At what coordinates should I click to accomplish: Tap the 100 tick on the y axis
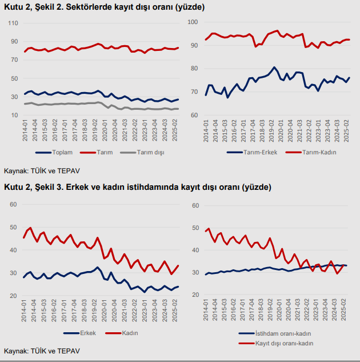pos(193,22)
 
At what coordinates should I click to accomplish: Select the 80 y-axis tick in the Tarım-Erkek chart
pos(195,69)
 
